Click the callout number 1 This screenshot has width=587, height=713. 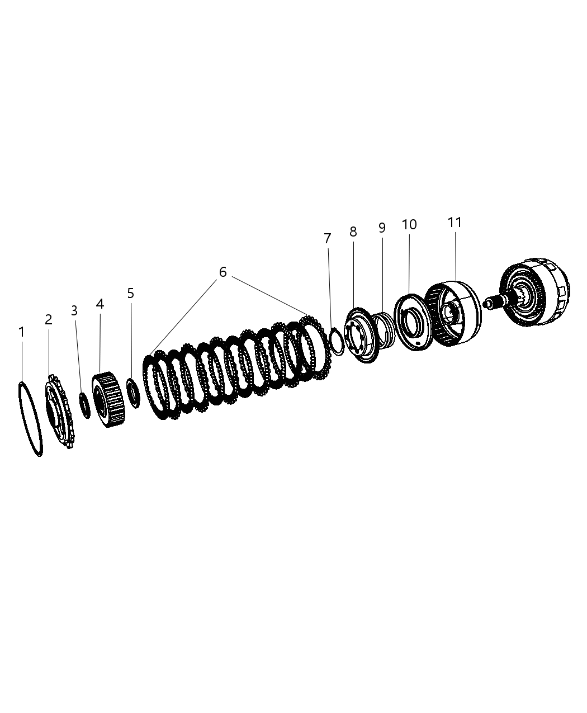click(x=21, y=332)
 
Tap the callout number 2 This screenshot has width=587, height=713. click(x=49, y=320)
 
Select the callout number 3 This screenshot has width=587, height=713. click(x=74, y=311)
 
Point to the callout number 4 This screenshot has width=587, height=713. click(x=100, y=304)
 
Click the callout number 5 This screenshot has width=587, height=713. click(x=130, y=293)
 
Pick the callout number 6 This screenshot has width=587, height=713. click(x=223, y=272)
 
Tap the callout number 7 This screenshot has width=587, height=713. click(x=328, y=239)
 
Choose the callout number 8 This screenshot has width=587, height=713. click(x=353, y=232)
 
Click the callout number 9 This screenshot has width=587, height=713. click(x=382, y=228)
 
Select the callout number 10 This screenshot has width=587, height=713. click(x=409, y=224)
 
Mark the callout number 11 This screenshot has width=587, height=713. click(x=455, y=222)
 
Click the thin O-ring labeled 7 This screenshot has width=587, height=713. click(x=337, y=341)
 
